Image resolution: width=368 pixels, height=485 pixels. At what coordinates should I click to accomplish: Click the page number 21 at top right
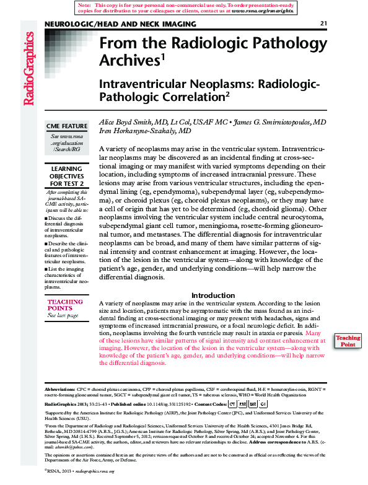pos(323,24)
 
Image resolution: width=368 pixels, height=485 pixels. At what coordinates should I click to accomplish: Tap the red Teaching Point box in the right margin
pos(348,341)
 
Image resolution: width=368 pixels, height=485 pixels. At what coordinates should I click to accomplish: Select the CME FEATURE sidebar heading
pos(67,126)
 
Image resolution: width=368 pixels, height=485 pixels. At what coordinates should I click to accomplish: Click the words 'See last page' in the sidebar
pos(63,315)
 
